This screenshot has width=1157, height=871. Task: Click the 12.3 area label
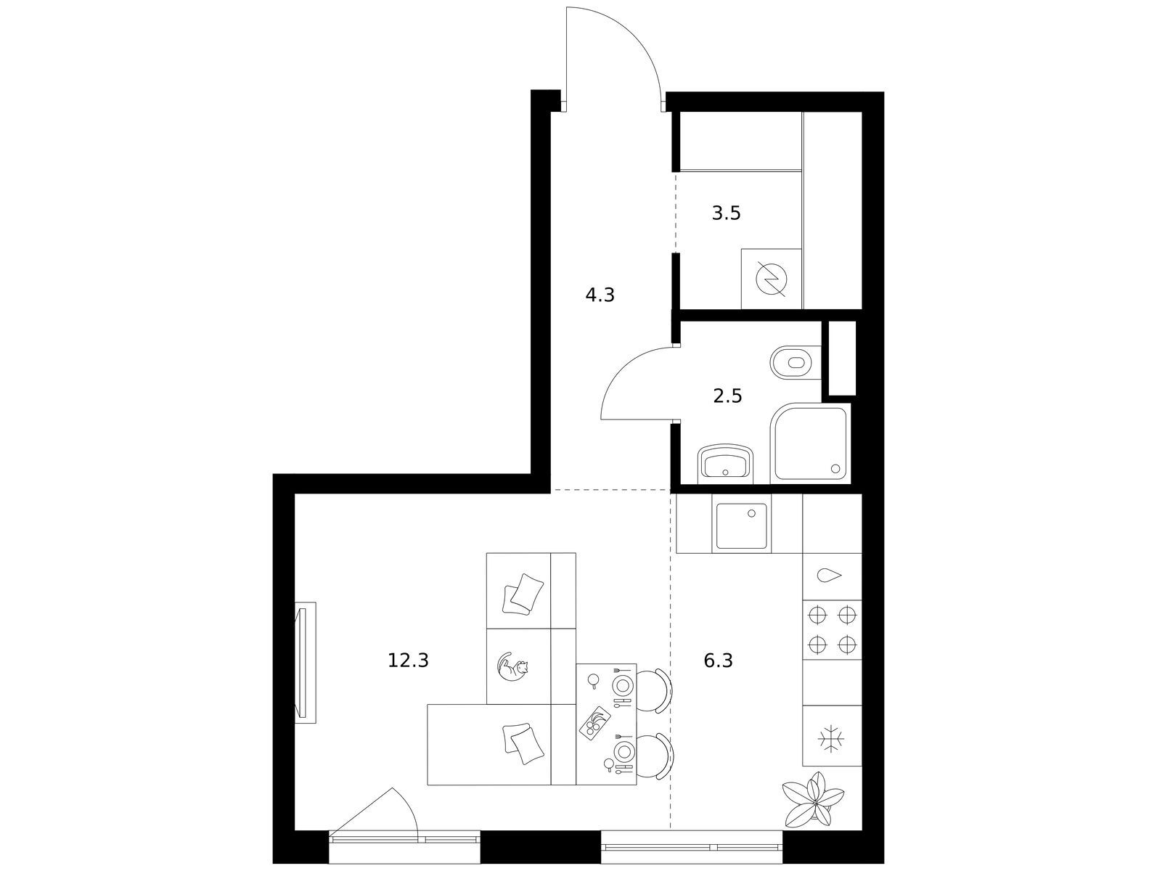point(408,661)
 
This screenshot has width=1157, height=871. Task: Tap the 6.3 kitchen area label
point(719,661)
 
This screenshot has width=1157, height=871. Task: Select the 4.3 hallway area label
point(600,295)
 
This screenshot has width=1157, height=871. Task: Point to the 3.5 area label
point(727,213)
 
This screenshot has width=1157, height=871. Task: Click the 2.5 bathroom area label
point(727,395)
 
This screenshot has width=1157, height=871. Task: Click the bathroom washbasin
point(725,464)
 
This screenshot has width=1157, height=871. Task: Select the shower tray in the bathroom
point(810,443)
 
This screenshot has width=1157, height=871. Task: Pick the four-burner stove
point(832,629)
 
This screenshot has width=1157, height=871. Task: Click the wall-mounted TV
point(303,663)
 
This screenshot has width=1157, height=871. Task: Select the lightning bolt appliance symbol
point(771,278)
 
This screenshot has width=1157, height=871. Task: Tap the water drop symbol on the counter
point(829,576)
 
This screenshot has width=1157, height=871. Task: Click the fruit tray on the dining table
point(595,721)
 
